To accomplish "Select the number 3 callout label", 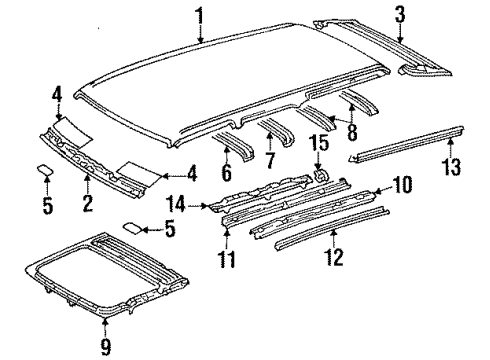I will pos(400,14).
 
